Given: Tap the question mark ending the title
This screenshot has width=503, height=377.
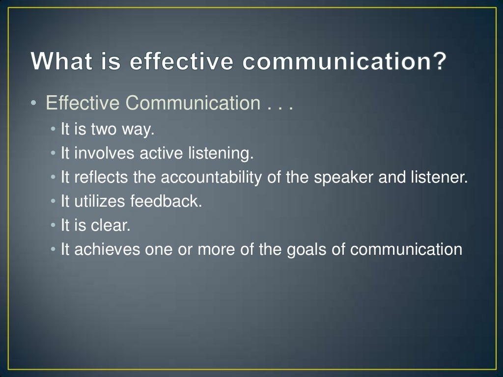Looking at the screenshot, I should coord(439,62).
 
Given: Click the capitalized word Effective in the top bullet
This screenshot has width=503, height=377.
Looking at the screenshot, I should coord(83,104).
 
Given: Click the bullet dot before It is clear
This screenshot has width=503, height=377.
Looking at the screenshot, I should coord(53,226).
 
